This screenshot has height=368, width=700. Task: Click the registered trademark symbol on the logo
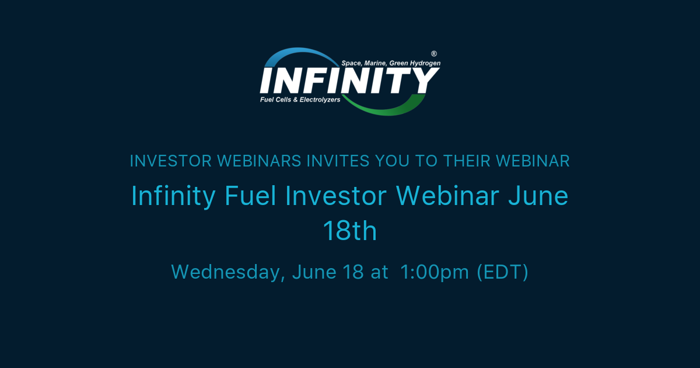coord(433,53)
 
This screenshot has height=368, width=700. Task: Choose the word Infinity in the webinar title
coord(174,196)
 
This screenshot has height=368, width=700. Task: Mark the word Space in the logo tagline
coord(352,63)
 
